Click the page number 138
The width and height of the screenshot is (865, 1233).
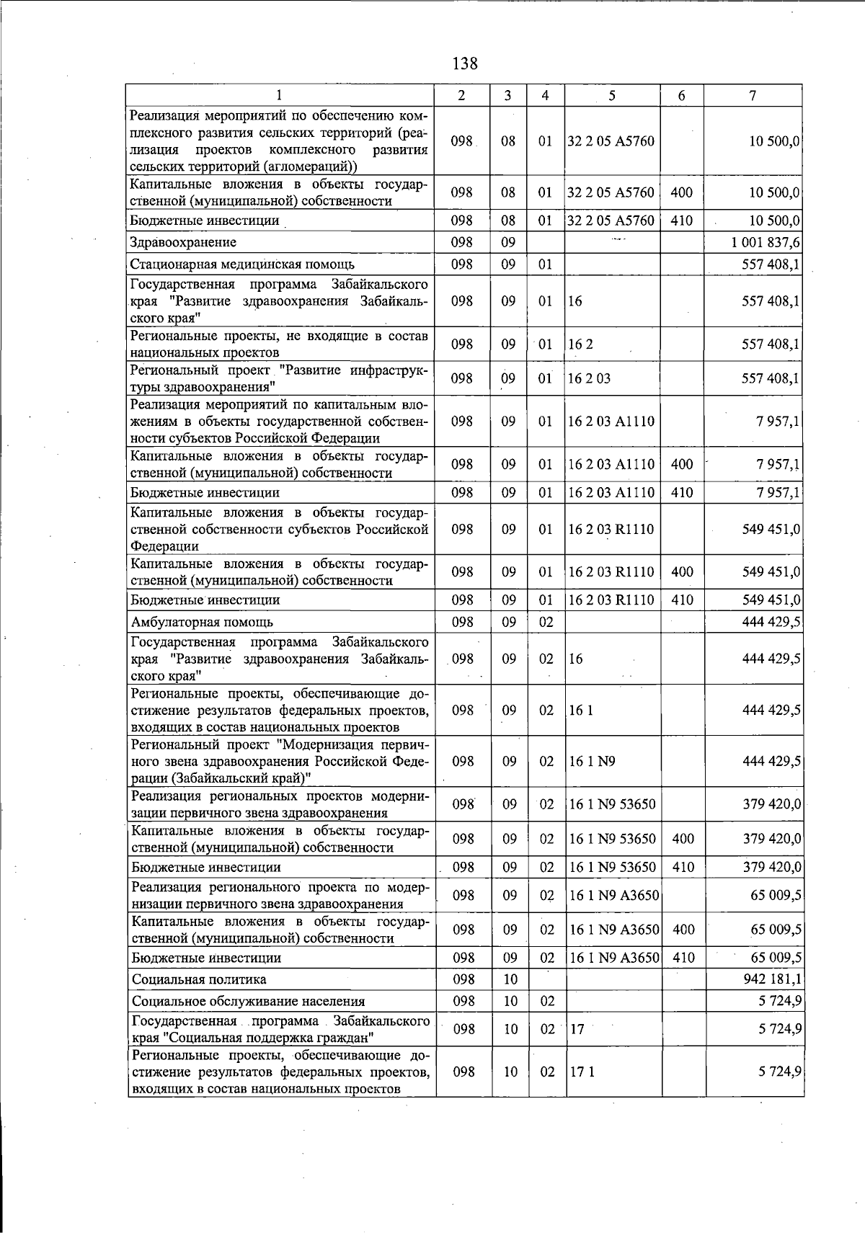point(465,63)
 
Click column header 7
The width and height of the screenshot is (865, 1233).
point(753,96)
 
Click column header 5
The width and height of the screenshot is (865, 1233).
point(611,96)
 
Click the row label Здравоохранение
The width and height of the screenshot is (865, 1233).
point(183,242)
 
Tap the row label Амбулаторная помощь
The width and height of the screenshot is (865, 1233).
point(202,621)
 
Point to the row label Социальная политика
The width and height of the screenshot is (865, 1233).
point(199,979)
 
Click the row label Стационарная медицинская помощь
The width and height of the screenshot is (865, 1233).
point(242,264)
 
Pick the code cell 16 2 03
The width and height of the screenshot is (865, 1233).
point(589,379)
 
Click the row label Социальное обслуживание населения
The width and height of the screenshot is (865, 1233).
point(248,1001)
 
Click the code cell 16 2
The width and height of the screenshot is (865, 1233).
point(580,344)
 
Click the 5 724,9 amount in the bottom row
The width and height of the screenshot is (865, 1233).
point(780,1072)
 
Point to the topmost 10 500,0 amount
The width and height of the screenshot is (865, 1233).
point(774,141)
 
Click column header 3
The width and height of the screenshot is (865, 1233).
point(508,96)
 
